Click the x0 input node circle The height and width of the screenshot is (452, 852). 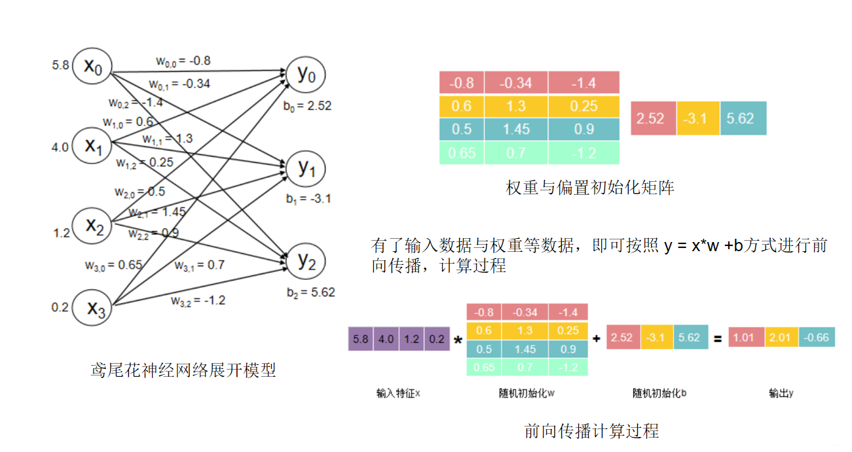(92, 65)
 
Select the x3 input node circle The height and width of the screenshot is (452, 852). (92, 307)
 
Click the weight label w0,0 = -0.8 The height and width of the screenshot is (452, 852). (183, 61)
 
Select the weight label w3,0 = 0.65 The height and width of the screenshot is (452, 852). (113, 265)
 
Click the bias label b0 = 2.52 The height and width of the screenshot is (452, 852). (308, 105)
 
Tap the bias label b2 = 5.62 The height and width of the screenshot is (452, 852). (310, 292)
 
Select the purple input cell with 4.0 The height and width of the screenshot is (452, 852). (386, 339)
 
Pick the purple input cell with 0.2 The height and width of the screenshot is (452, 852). (437, 339)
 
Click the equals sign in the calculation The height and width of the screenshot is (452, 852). (718, 339)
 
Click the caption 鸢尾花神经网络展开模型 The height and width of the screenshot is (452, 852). (183, 370)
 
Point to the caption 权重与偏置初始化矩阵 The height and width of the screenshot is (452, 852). (590, 188)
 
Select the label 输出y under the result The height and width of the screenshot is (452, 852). (781, 393)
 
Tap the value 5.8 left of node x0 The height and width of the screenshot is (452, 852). (61, 65)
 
